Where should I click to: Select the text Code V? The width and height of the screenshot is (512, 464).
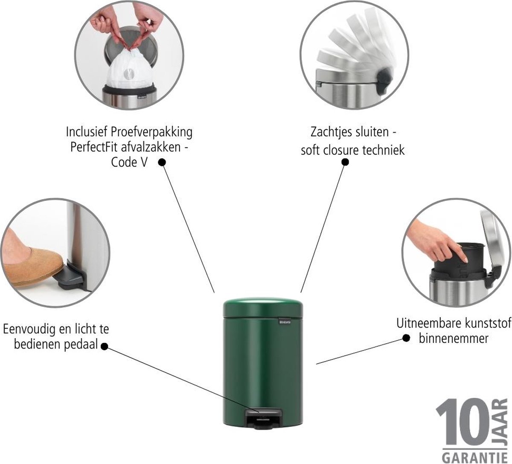click(129, 162)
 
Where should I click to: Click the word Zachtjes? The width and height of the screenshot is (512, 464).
click(332, 133)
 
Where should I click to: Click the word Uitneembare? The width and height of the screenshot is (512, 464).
click(427, 323)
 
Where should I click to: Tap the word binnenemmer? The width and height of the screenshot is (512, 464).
click(454, 339)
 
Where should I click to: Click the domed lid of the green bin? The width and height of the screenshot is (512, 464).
click(263, 307)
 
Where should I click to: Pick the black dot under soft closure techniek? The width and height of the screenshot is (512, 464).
click(345, 162)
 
